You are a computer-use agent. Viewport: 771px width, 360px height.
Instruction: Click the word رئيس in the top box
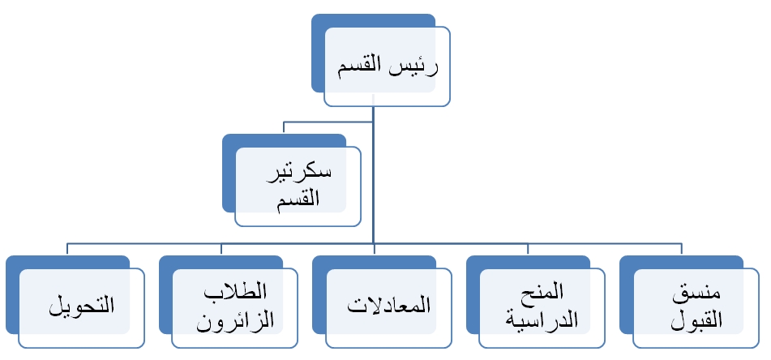[414, 66]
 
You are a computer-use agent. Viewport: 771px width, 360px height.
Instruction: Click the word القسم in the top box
[361, 66]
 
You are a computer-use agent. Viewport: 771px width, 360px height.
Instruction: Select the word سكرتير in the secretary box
[299, 173]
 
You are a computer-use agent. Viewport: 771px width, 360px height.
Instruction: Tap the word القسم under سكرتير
[298, 199]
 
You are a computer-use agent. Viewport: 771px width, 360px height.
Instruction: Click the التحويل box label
[82, 305]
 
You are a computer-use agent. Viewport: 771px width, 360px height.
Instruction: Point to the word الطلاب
[235, 291]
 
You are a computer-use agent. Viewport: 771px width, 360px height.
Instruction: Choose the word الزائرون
[235, 320]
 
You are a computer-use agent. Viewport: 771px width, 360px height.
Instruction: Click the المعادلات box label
[388, 305]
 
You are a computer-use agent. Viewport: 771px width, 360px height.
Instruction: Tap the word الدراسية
[542, 319]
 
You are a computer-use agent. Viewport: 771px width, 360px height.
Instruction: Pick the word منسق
[696, 292]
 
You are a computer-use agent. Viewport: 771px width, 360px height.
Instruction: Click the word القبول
[696, 320]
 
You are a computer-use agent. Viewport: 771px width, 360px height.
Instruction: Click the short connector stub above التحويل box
[67, 249]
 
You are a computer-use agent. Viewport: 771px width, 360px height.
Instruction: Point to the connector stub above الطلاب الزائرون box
[221, 249]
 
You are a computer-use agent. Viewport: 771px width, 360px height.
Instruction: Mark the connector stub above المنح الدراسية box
[528, 249]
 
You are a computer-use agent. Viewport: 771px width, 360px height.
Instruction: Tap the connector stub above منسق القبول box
[682, 249]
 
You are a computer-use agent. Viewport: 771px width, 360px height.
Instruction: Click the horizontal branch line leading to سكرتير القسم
[328, 122]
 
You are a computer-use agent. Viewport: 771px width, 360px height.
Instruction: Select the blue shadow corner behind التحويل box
[13, 262]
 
